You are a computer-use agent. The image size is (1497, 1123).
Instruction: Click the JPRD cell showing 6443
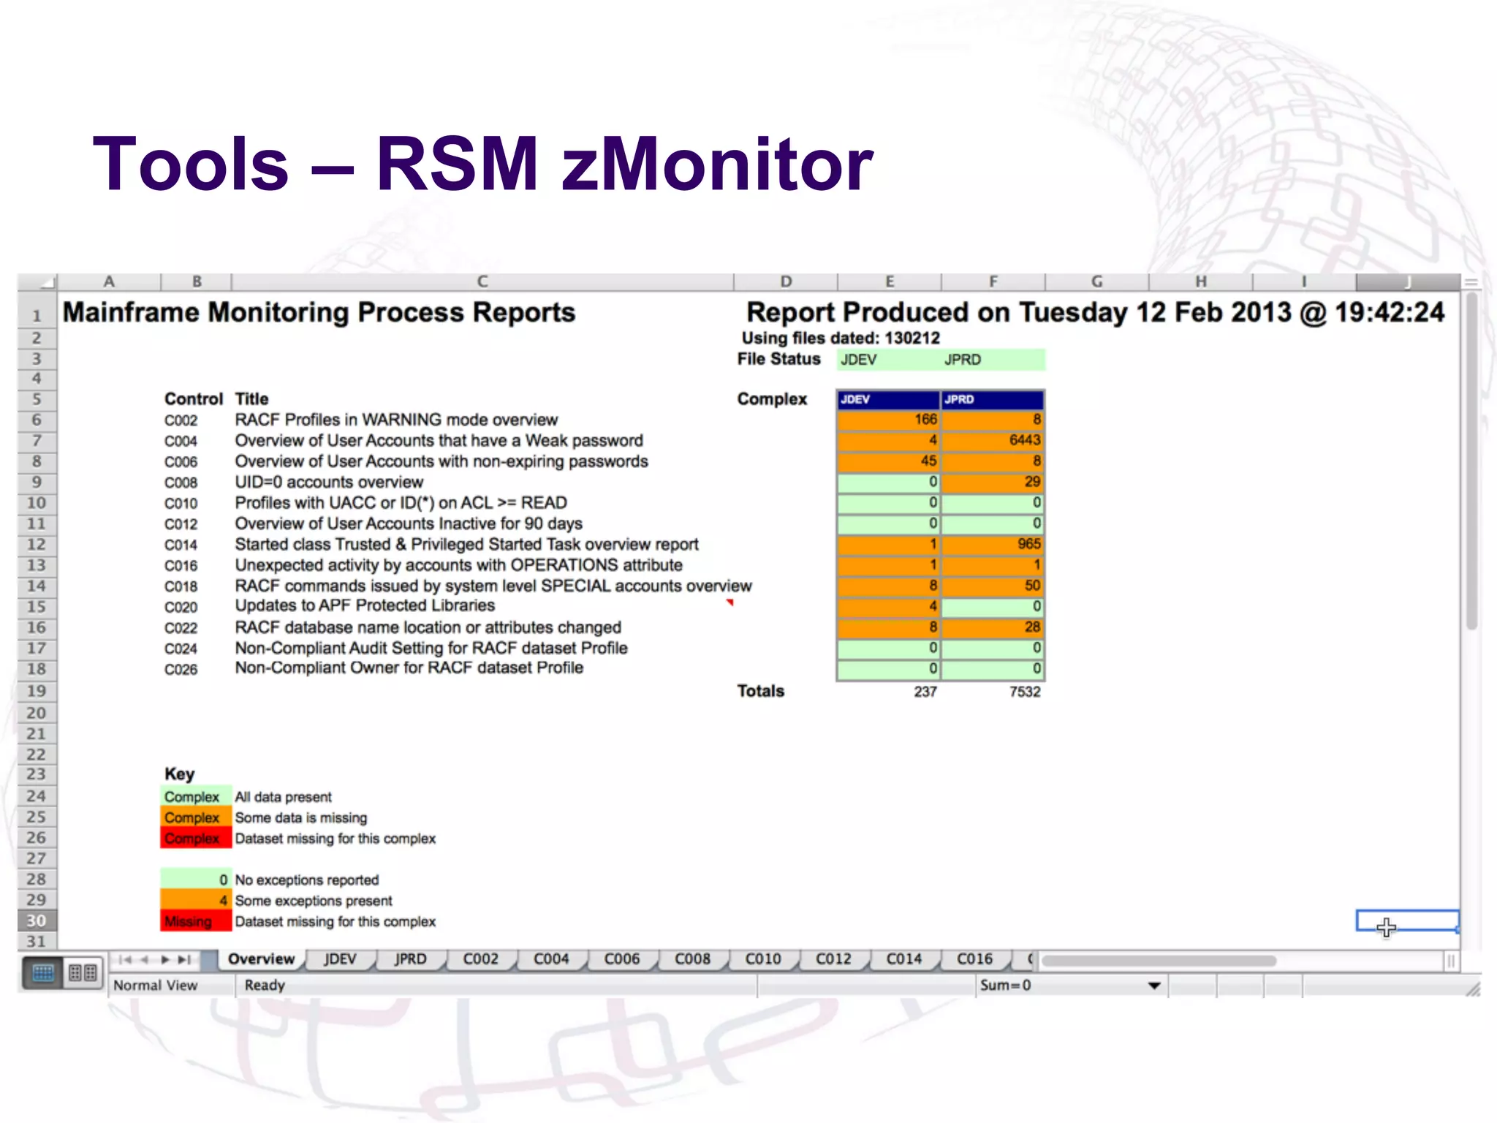(x=993, y=440)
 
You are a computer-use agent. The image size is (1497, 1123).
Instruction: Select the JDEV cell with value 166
(x=889, y=420)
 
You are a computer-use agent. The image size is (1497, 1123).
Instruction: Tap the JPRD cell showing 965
(x=993, y=544)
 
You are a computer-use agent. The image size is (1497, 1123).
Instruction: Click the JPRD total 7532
(x=1024, y=692)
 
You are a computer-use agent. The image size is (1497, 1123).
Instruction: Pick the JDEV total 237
(x=925, y=692)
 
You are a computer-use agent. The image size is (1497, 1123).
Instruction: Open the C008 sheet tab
(x=691, y=959)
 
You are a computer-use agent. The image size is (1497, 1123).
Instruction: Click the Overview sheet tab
(x=261, y=959)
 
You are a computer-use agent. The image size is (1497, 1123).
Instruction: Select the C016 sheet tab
(x=974, y=959)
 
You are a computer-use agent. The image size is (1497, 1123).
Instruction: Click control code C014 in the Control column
(x=181, y=545)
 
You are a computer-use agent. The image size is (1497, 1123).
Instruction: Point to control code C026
(x=181, y=670)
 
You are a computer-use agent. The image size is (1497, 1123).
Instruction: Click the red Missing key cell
(x=195, y=921)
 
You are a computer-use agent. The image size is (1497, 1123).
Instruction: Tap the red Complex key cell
(x=195, y=839)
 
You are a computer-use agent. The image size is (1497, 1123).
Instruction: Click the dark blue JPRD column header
(x=993, y=399)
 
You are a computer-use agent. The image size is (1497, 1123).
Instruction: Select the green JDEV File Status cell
(x=889, y=360)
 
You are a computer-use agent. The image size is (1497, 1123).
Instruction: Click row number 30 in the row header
(x=36, y=920)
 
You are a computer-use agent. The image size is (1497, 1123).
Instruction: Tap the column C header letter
(x=482, y=281)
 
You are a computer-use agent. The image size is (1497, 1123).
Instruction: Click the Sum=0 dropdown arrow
(x=1154, y=986)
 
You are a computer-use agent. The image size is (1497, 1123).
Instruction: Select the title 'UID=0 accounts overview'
(x=329, y=483)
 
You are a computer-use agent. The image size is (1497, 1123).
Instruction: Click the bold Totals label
(x=760, y=691)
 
